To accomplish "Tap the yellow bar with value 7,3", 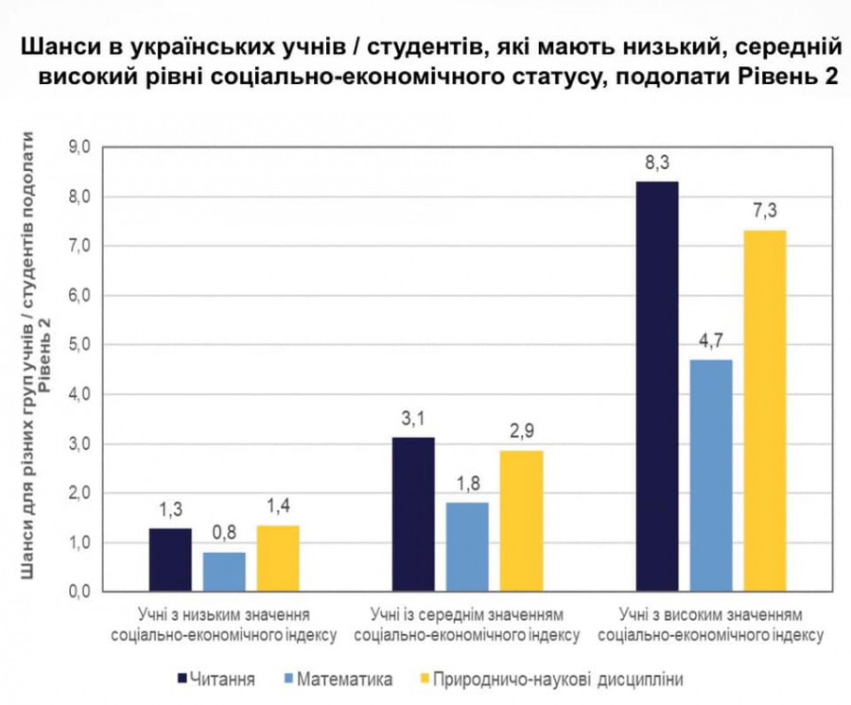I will click(765, 411).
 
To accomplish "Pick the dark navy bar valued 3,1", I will click(413, 514).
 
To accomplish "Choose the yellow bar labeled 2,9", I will click(521, 520).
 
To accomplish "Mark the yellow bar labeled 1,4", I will click(278, 558).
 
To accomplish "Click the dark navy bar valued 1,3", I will click(170, 559).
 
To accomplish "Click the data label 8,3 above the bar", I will click(657, 163).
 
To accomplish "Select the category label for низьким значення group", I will click(224, 624).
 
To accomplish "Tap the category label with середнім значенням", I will click(467, 624).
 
